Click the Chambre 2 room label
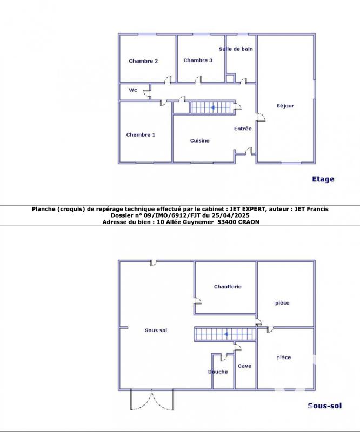(x=143, y=61)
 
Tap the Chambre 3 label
(x=198, y=60)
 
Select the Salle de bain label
(x=236, y=49)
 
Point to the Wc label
(x=133, y=90)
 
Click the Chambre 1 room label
(x=141, y=134)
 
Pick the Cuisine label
(x=199, y=140)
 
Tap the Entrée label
(x=243, y=129)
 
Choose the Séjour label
(x=285, y=105)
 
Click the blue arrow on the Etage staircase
(x=212, y=107)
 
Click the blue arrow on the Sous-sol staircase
(x=225, y=334)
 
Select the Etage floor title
(x=323, y=179)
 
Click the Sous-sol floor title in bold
(x=325, y=406)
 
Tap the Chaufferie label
(x=228, y=287)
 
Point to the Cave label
(x=244, y=366)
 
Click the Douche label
(x=218, y=372)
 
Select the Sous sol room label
(x=156, y=330)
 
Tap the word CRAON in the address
(x=249, y=222)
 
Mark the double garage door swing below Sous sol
(x=152, y=400)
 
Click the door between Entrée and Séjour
(x=261, y=117)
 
